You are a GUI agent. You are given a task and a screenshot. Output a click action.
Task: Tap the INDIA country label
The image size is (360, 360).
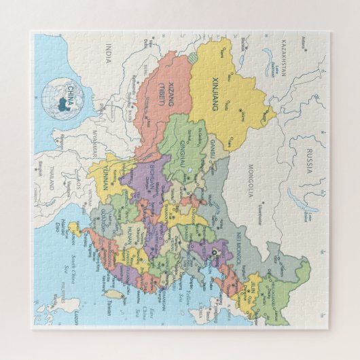click(107, 52)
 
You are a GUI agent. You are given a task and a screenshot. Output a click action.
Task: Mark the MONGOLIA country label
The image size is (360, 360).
click(249, 182)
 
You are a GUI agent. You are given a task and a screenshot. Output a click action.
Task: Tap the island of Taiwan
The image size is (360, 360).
click(113, 295)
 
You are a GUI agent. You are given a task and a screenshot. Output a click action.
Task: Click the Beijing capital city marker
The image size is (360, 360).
click(217, 253)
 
